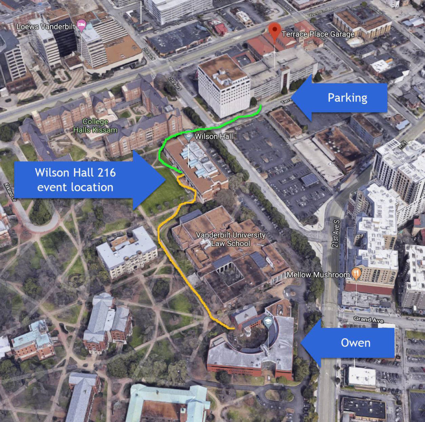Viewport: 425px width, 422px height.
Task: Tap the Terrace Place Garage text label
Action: tap(318, 34)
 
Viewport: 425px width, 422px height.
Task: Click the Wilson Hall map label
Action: tap(208, 136)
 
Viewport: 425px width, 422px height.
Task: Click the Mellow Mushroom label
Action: tap(318, 275)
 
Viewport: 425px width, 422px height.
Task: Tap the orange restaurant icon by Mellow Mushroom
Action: tap(356, 273)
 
